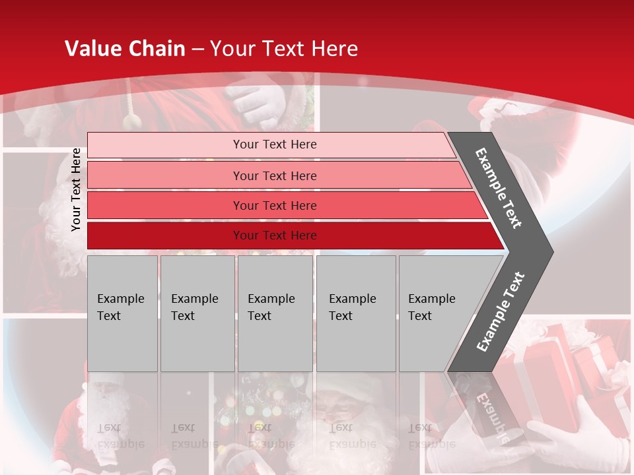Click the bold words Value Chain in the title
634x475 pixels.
point(125,49)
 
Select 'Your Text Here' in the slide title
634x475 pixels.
point(284,49)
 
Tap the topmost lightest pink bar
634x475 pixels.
point(274,144)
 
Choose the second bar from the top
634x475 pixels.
point(274,175)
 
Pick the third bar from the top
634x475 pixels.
point(274,205)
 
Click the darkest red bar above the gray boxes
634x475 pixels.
point(274,236)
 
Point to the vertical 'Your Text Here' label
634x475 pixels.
point(76,189)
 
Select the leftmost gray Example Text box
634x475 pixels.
point(122,313)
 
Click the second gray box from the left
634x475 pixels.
point(197,313)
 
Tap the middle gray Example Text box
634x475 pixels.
point(275,313)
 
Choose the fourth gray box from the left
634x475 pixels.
point(355,313)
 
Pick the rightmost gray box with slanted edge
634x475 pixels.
point(436,313)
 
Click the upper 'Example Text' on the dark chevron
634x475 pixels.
point(499,188)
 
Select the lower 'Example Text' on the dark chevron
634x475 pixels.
point(500,312)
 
